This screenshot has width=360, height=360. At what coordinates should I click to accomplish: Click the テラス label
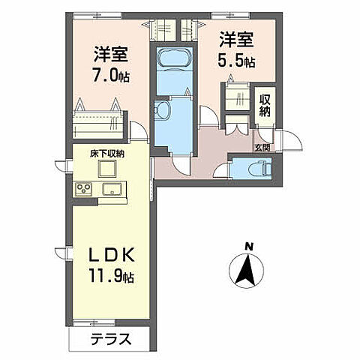point(110,338)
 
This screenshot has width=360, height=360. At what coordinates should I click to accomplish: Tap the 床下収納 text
point(107,153)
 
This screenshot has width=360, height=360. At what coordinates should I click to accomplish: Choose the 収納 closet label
point(266,103)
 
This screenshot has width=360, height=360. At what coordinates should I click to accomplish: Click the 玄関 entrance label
point(263,148)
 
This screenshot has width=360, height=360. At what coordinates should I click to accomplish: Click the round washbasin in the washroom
point(162,110)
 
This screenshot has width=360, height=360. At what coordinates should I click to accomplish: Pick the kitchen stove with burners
point(82,188)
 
